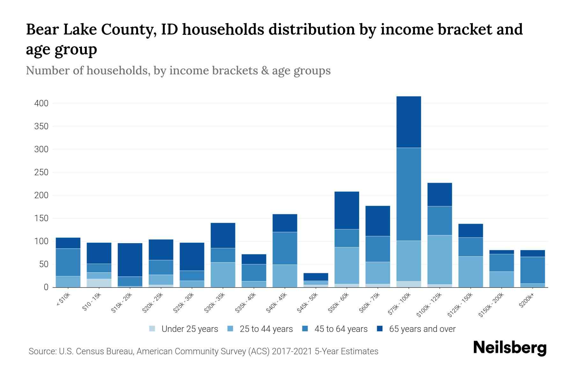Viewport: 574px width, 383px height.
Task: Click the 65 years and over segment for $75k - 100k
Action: (408, 122)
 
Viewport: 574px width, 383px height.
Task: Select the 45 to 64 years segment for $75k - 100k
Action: (408, 194)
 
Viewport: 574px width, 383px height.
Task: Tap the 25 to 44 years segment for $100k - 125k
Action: (439, 259)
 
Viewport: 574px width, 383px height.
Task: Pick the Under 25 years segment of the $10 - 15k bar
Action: (99, 283)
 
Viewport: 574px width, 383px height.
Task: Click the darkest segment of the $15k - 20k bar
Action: (130, 260)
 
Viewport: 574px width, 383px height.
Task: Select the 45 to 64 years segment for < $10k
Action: (68, 262)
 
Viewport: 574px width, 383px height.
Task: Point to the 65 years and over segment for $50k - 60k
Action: (347, 210)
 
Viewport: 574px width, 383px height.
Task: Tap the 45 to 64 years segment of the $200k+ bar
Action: (533, 270)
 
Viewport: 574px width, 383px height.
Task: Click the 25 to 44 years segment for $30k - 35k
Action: (223, 274)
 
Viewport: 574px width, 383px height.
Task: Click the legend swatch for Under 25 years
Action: (152, 329)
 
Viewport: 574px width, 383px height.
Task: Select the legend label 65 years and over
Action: (422, 329)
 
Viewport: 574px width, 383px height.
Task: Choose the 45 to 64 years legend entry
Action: (341, 329)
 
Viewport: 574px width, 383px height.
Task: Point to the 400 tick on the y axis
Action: (41, 103)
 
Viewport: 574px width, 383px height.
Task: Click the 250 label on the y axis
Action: (41, 172)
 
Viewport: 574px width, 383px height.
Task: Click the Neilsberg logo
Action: (510, 348)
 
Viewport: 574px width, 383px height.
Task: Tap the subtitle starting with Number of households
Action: (178, 71)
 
